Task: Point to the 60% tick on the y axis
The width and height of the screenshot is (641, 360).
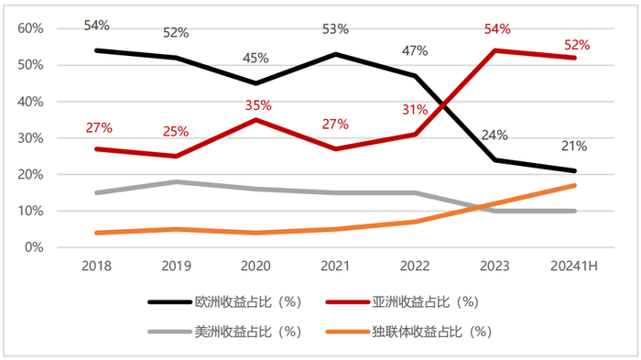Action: (x=31, y=28)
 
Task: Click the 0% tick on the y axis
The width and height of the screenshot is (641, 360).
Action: (x=34, y=247)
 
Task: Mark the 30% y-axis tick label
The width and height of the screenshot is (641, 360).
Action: (x=31, y=138)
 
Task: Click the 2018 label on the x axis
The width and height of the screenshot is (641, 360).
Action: (x=96, y=265)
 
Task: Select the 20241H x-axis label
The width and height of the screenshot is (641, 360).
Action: (x=573, y=265)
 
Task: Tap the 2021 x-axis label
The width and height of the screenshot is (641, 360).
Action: (x=335, y=265)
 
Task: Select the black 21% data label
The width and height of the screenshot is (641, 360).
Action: (x=574, y=146)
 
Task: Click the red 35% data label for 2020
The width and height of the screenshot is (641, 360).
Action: (x=255, y=104)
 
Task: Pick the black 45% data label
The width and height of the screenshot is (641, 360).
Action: (x=255, y=58)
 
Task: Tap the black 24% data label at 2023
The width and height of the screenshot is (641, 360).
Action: (x=494, y=135)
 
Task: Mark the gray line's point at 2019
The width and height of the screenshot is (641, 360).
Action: (x=176, y=181)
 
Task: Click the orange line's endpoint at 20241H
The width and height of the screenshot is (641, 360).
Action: (x=574, y=185)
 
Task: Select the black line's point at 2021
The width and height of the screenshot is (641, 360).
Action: (x=335, y=54)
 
